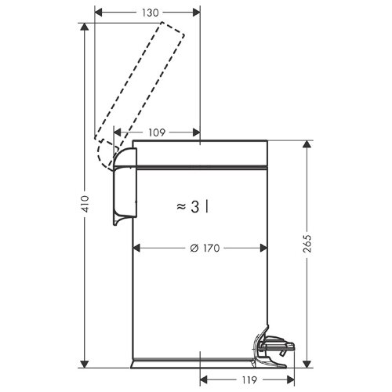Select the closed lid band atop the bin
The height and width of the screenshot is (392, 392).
202,154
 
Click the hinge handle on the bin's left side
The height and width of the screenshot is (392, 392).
124,188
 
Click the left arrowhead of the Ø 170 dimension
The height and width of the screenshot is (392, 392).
136,248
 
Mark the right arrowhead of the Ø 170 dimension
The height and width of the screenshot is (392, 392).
265,248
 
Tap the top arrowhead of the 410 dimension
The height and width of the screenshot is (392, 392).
85,26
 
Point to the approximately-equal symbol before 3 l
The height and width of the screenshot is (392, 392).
181,206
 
